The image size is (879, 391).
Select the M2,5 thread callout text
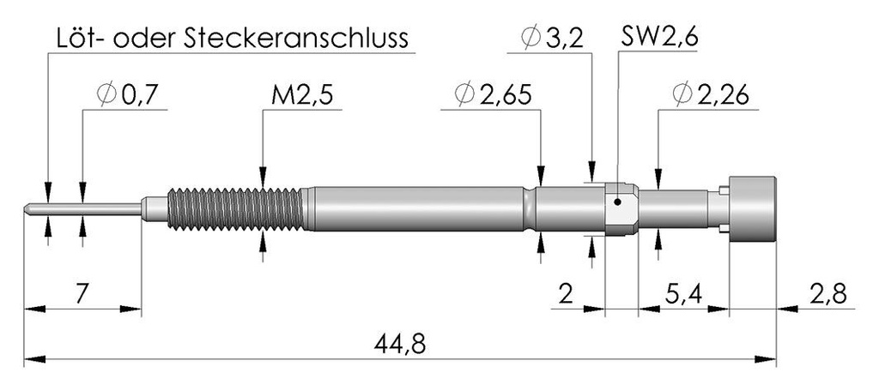click(302, 96)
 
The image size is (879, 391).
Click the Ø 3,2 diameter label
click(552, 39)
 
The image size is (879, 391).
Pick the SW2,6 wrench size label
click(659, 39)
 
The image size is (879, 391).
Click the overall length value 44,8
click(400, 343)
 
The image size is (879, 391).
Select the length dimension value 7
click(82, 294)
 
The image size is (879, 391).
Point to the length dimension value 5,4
click(683, 294)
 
